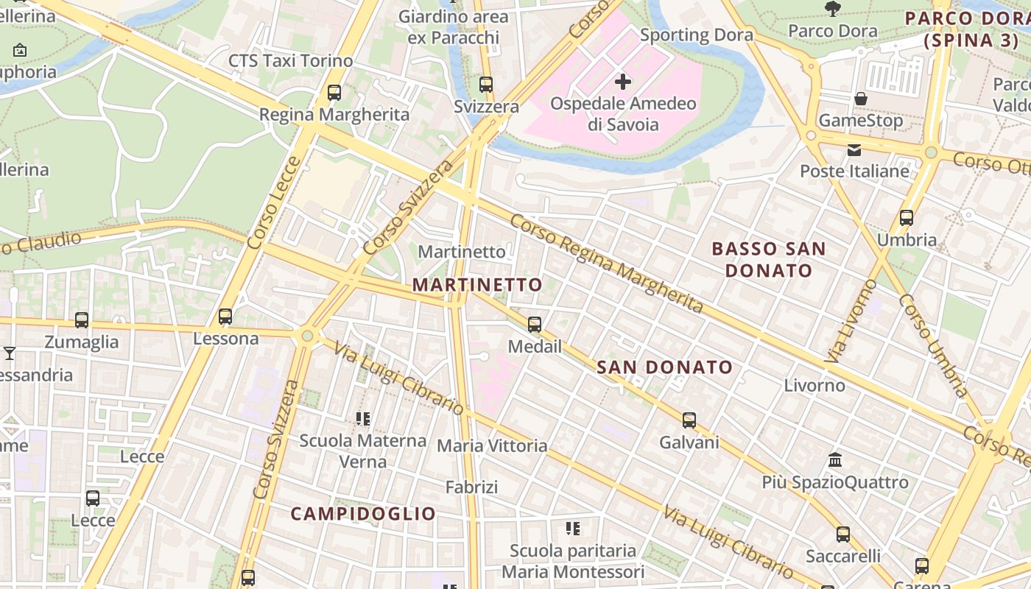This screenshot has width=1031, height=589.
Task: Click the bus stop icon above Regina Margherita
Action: (x=334, y=93)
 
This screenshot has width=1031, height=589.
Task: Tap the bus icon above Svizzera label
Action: (x=485, y=85)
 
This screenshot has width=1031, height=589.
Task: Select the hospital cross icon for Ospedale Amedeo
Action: (x=623, y=81)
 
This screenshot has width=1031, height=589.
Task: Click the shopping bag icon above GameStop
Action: (x=860, y=98)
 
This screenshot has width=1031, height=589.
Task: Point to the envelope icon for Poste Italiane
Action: (x=854, y=150)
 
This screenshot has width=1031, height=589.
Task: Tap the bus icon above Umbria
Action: (x=907, y=218)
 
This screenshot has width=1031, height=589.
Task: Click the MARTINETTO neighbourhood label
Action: (x=477, y=285)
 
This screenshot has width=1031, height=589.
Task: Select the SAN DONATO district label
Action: (x=664, y=367)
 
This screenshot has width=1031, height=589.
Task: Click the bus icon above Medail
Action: (x=535, y=325)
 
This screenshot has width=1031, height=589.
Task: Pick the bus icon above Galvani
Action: (x=689, y=420)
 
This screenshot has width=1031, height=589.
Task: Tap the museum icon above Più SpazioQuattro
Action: (x=835, y=460)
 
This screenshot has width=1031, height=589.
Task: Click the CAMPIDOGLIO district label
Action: (x=363, y=513)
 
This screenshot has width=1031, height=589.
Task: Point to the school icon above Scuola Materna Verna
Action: (x=363, y=419)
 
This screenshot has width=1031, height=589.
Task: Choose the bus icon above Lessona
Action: (x=225, y=317)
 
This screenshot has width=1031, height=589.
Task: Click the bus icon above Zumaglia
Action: (x=82, y=320)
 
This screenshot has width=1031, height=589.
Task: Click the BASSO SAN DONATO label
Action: (x=769, y=259)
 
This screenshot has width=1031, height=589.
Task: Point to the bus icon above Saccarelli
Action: (x=843, y=535)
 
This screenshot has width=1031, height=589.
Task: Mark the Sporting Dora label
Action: (x=696, y=35)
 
